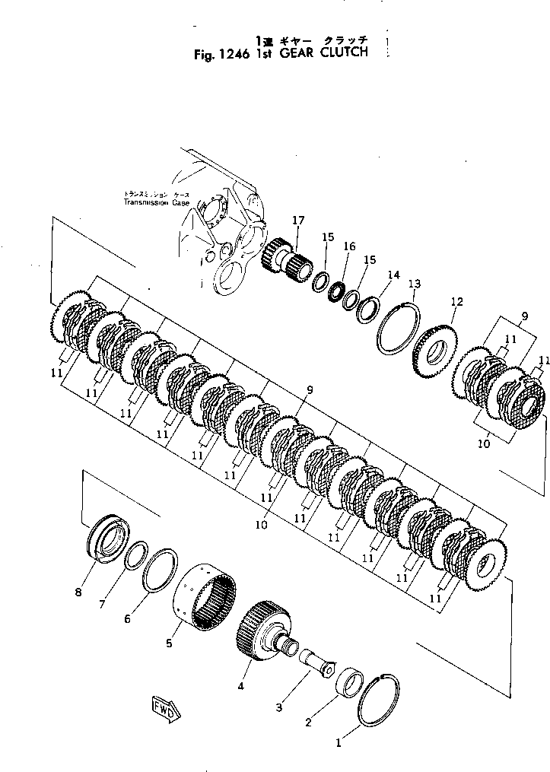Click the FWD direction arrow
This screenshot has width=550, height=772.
(164, 707)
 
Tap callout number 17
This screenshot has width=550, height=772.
(298, 221)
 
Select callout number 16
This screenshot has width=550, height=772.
(349, 246)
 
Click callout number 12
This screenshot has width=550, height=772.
(456, 301)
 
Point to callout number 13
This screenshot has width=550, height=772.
(414, 284)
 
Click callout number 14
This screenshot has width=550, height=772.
(393, 275)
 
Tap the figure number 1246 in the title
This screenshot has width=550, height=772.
(217, 53)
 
